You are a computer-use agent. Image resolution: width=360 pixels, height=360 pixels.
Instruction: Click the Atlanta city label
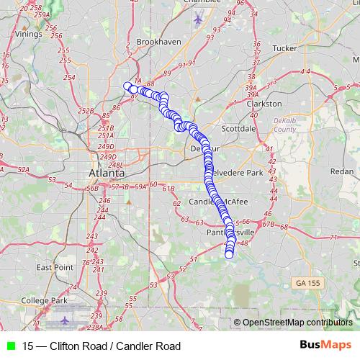click(105, 174)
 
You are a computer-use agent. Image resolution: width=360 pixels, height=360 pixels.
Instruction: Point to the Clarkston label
click(264, 104)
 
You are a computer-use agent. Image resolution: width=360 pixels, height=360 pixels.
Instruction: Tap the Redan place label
click(341, 171)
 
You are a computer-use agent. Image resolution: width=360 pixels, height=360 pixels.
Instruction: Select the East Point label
click(55, 267)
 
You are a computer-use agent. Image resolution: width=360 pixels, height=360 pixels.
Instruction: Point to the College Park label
click(44, 300)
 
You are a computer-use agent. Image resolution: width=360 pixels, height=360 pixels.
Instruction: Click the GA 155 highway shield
click(309, 284)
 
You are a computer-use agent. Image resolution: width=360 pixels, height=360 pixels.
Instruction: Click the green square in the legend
click(10, 346)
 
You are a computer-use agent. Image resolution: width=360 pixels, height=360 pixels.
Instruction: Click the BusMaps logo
click(325, 346)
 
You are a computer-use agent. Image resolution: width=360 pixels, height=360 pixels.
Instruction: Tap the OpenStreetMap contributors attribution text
click(297, 323)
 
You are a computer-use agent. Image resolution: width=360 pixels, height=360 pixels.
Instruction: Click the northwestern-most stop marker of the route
click(128, 87)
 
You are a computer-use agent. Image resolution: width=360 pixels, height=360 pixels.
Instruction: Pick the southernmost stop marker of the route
click(230, 253)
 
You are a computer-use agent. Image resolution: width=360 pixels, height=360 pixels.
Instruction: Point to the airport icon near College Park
click(67, 318)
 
